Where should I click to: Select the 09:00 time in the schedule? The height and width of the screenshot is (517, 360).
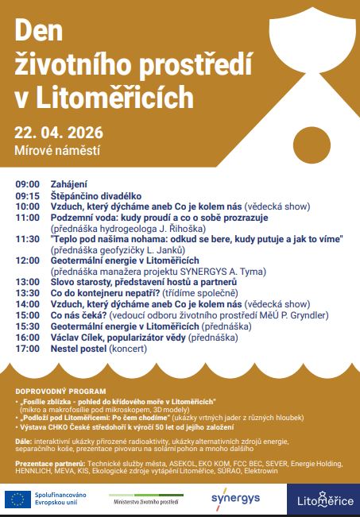27,183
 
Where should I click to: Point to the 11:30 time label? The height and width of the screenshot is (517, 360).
27,238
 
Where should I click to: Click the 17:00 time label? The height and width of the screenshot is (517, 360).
27,348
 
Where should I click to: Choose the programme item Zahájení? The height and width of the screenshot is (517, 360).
69,183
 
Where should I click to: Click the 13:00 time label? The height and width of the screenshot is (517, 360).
27,282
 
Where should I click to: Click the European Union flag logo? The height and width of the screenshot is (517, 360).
17,499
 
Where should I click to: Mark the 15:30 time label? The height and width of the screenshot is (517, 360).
27,326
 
